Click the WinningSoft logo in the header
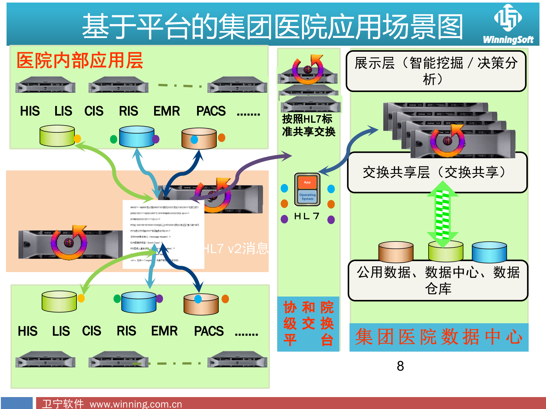pyautogui.click(x=508, y=24)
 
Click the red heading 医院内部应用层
pyautogui.click(x=80, y=60)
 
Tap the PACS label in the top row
pyautogui.click(x=211, y=111)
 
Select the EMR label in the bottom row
pyautogui.click(x=164, y=331)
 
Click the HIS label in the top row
pyautogui.click(x=30, y=111)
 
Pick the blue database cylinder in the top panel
pyautogui.click(x=137, y=137)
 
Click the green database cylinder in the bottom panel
pyautogui.click(x=59, y=302)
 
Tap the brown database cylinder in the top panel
pyautogui.click(x=199, y=139)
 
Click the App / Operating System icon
pyautogui.click(x=307, y=189)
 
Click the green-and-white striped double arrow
pyautogui.click(x=442, y=214)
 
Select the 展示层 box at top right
pyautogui.click(x=436, y=71)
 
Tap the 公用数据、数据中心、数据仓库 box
pyautogui.click(x=438, y=280)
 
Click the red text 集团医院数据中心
pyautogui.click(x=439, y=337)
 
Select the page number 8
pyautogui.click(x=400, y=366)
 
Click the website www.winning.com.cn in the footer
pyautogui.click(x=136, y=404)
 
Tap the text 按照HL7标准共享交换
pyautogui.click(x=309, y=125)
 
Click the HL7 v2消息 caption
pyautogui.click(x=236, y=249)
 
